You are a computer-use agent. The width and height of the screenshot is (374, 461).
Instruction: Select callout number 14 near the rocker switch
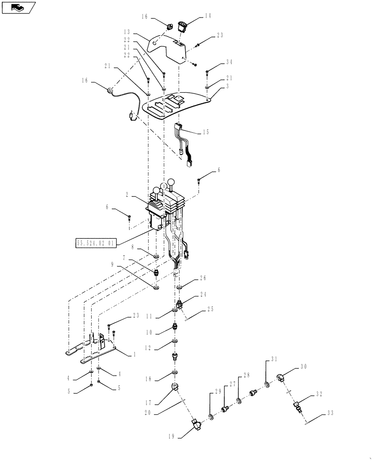pos(207,16)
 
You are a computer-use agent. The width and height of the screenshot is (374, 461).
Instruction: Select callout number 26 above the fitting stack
pos(203,278)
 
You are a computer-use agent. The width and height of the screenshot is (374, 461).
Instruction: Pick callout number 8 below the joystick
pos(134,247)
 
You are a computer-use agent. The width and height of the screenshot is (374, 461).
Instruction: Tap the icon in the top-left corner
pos(18,7)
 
